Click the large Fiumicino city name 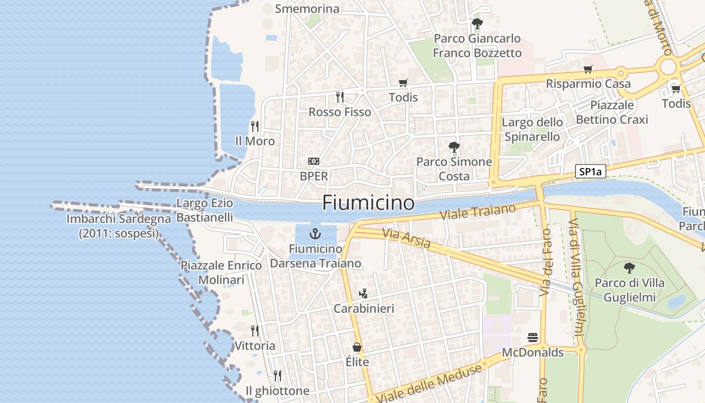click(x=368, y=203)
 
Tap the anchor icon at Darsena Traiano click(x=315, y=234)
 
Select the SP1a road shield click(x=591, y=172)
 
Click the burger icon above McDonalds click(x=533, y=337)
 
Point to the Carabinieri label click(x=364, y=308)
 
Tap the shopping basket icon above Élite click(x=357, y=347)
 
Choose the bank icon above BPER click(x=314, y=161)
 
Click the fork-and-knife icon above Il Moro click(x=255, y=126)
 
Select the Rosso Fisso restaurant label click(x=339, y=112)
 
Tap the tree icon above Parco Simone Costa click(x=454, y=147)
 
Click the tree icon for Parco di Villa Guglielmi click(x=629, y=267)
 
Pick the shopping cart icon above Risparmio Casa click(x=588, y=69)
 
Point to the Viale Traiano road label click(x=478, y=212)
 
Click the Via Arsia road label click(x=406, y=239)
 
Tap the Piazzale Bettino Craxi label click(x=611, y=112)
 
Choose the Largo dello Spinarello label click(x=532, y=129)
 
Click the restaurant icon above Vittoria click(x=255, y=331)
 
